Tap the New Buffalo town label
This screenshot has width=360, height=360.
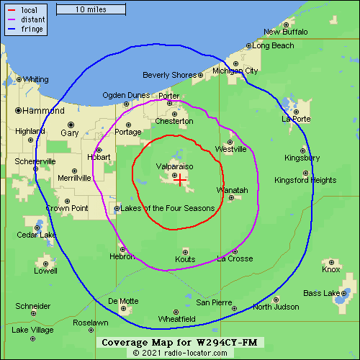coord(285,32)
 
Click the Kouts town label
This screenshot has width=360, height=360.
coord(185,259)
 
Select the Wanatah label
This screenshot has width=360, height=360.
coord(232,190)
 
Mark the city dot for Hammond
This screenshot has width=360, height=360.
coord(18,110)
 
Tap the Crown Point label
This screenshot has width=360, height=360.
coord(67,208)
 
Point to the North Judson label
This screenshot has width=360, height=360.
coord(276,307)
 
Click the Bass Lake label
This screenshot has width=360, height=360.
coord(321,294)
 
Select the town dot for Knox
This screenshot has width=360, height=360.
coord(331,262)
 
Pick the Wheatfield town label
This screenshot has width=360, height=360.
coord(176,318)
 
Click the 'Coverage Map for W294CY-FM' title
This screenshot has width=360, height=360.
coord(179,342)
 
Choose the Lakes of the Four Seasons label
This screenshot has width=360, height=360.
coord(168,209)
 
